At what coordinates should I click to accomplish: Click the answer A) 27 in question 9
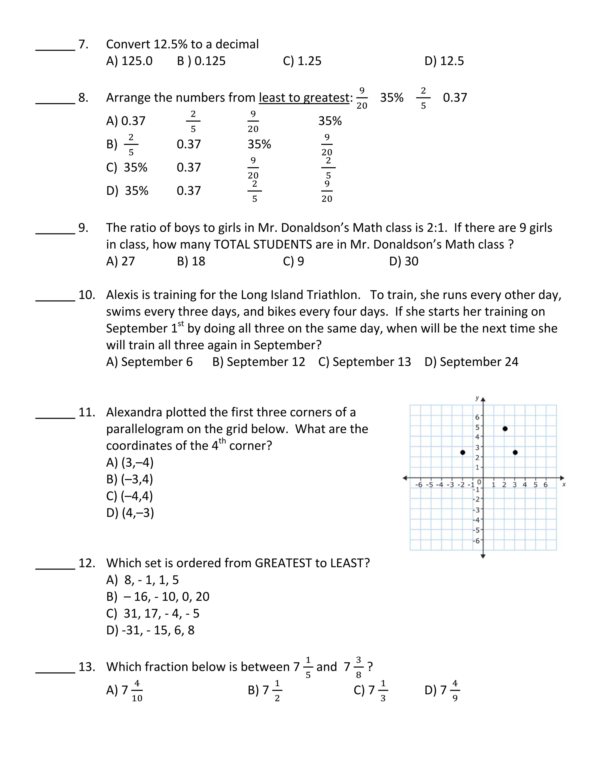tap(120, 262)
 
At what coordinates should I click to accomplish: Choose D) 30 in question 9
tap(404, 262)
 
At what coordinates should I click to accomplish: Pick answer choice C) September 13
tap(364, 362)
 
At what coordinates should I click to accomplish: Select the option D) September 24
tap(471, 362)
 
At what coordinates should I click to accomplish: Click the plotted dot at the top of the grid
tap(505, 429)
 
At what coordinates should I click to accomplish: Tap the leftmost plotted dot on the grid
tap(462, 452)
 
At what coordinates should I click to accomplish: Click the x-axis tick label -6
tap(419, 485)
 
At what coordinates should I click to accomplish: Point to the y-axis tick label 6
tap(477, 417)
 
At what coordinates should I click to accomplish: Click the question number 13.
tap(87, 667)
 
